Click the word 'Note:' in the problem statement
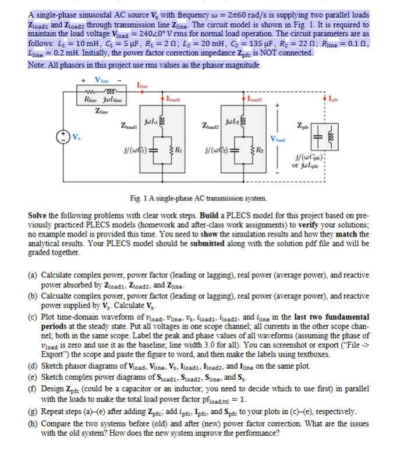coord(37,64)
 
